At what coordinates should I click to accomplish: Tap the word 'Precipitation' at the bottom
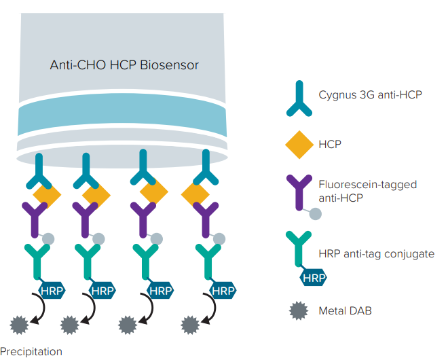click(31, 351)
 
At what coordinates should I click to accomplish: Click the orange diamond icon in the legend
click(297, 144)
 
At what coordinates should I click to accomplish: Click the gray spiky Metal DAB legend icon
click(297, 311)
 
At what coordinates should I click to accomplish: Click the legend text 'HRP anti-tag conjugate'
click(376, 253)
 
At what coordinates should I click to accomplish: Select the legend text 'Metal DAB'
click(345, 311)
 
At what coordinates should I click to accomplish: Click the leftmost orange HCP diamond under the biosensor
click(47, 196)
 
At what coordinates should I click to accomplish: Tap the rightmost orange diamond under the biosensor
click(195, 196)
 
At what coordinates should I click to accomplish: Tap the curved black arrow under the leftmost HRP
click(39, 307)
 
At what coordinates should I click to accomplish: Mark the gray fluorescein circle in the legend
click(316, 214)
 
